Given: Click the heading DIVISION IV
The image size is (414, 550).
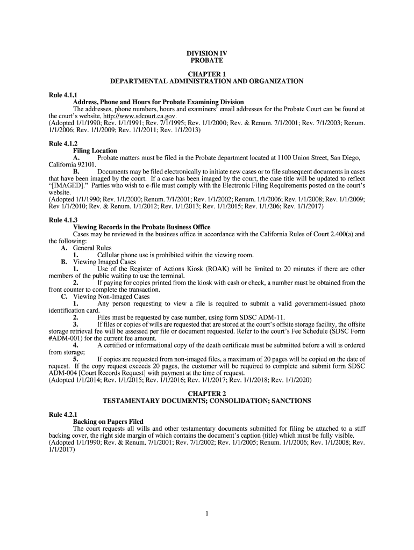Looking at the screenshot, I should pos(206,53).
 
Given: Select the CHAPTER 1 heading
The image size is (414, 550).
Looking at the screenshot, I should pos(206,74).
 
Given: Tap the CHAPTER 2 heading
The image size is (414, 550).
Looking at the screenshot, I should pos(206,394).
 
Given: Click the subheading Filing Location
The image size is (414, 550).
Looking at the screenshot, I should pos(95,151).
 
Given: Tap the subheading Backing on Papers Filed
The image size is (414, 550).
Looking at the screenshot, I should pos(108,422).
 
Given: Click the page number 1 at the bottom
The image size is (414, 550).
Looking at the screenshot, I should pos(206,513).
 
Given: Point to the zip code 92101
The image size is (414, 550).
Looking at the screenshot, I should pos(86,164).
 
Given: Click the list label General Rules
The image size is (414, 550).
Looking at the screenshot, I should pos(92,248).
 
